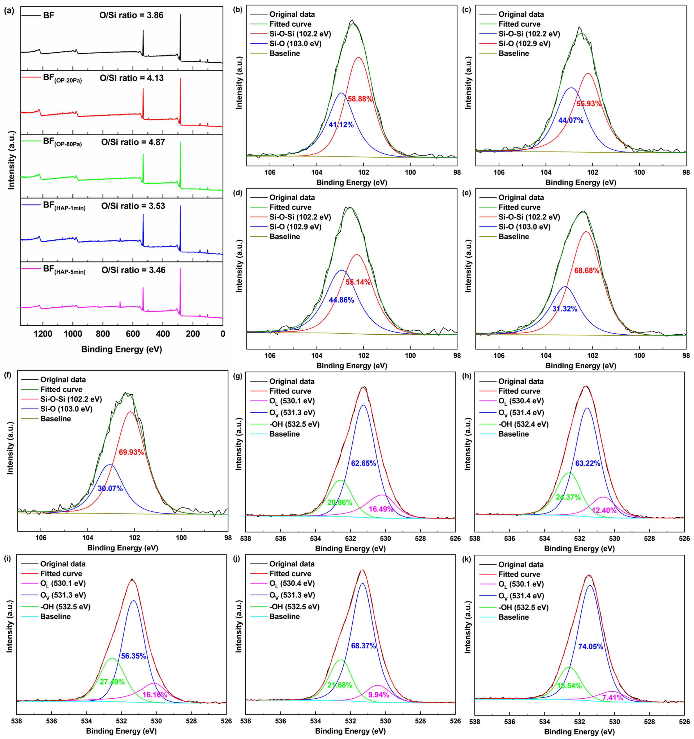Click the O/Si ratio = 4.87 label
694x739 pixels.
133,142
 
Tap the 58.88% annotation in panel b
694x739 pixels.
360,99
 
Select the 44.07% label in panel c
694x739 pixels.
570,120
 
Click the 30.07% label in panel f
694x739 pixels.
110,489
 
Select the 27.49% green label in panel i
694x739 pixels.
112,682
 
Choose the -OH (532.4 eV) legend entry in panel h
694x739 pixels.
523,424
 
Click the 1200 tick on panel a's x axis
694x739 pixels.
43,334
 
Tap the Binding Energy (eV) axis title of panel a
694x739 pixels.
121,349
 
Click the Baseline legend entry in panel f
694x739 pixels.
56,419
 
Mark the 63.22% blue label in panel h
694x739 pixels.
587,464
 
